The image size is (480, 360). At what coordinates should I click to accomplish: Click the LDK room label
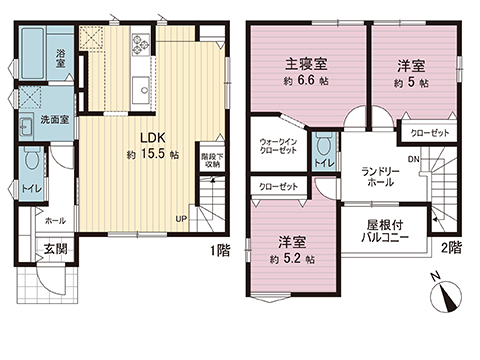[153, 137]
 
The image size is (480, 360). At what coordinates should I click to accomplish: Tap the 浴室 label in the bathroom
[60, 58]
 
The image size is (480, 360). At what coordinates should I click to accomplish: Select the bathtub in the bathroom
[32, 53]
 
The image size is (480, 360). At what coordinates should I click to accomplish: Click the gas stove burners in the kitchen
[141, 44]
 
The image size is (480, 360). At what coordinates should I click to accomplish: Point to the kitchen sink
[141, 90]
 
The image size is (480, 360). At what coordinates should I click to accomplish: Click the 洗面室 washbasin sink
[26, 127]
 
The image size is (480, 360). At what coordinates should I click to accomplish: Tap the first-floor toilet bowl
[32, 158]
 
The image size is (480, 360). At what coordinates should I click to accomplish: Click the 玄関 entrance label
[56, 249]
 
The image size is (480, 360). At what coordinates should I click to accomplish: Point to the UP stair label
[181, 219]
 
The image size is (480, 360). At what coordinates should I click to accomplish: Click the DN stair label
[414, 159]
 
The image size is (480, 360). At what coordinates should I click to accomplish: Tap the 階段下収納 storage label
[212, 160]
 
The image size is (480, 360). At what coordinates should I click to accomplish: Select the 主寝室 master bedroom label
[306, 64]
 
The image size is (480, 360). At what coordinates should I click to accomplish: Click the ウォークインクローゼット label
[278, 146]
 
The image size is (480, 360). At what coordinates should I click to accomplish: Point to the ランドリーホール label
[380, 177]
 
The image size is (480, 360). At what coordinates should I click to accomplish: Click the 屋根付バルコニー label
[385, 232]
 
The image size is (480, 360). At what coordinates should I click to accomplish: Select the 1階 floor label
[220, 250]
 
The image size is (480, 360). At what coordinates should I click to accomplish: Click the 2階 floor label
[452, 248]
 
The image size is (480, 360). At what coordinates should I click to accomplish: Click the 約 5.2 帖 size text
[292, 259]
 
